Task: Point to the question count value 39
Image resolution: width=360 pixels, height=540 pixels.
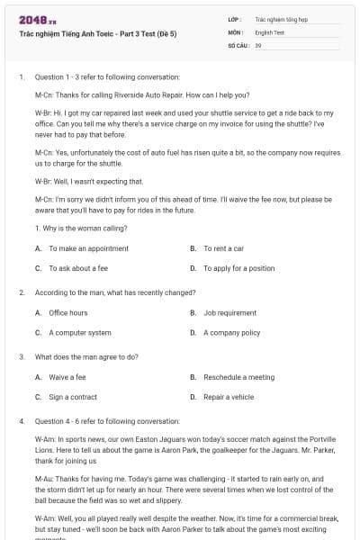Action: tap(258, 44)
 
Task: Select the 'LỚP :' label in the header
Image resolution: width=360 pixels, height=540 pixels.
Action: tap(235, 18)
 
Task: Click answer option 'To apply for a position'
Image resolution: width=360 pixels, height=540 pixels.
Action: tap(238, 268)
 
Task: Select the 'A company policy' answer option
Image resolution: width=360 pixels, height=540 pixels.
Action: tap(231, 333)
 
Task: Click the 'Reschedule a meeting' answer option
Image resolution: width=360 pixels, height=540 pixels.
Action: tap(238, 377)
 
